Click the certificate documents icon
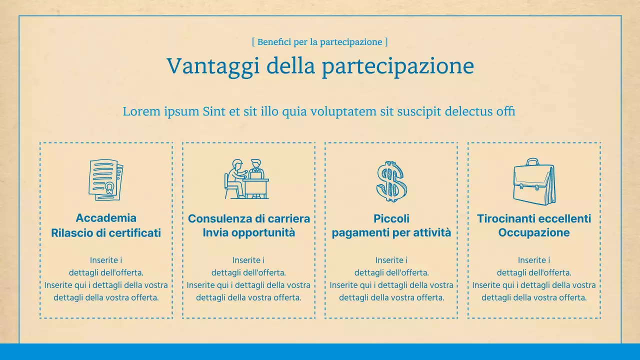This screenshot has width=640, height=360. (105, 180)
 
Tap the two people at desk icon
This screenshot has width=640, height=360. (246, 179)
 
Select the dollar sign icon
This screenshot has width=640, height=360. (391, 181)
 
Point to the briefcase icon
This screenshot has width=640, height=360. (534, 181)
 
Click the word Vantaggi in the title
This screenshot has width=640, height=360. (212, 66)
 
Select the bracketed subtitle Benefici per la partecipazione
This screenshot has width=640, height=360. (320, 42)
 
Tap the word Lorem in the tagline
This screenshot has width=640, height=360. (142, 111)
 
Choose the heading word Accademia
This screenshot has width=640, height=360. (106, 218)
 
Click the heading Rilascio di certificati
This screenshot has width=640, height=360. (106, 233)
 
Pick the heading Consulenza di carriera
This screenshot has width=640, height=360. (249, 218)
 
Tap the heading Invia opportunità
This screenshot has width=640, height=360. (249, 232)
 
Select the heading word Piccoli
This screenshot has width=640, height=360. (391, 218)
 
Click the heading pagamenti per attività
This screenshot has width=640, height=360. (391, 232)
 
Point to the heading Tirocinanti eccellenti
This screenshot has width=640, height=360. (534, 218)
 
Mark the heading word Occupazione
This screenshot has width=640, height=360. (534, 232)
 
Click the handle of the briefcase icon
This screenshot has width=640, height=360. (532, 162)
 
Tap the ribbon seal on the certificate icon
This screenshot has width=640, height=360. (108, 189)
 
